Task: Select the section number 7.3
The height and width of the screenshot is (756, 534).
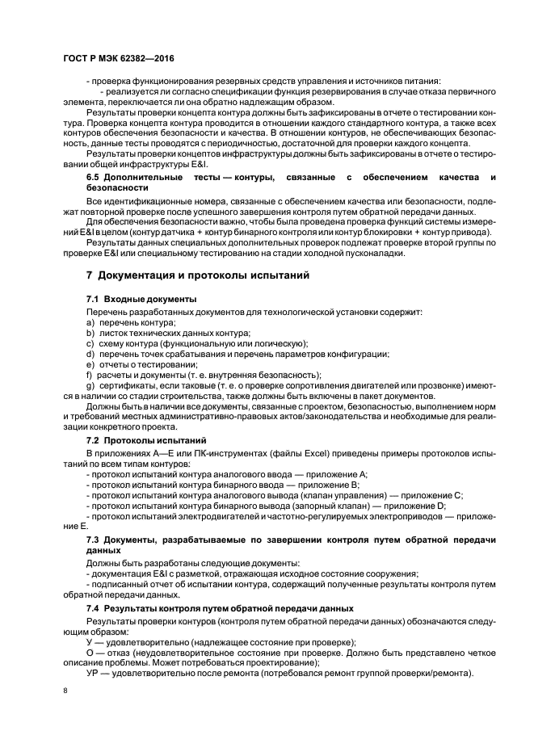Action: click(x=95, y=538)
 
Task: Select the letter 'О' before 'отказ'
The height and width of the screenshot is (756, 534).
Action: click(x=90, y=651)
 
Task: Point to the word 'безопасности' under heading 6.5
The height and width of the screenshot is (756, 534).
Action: click(x=121, y=187)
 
